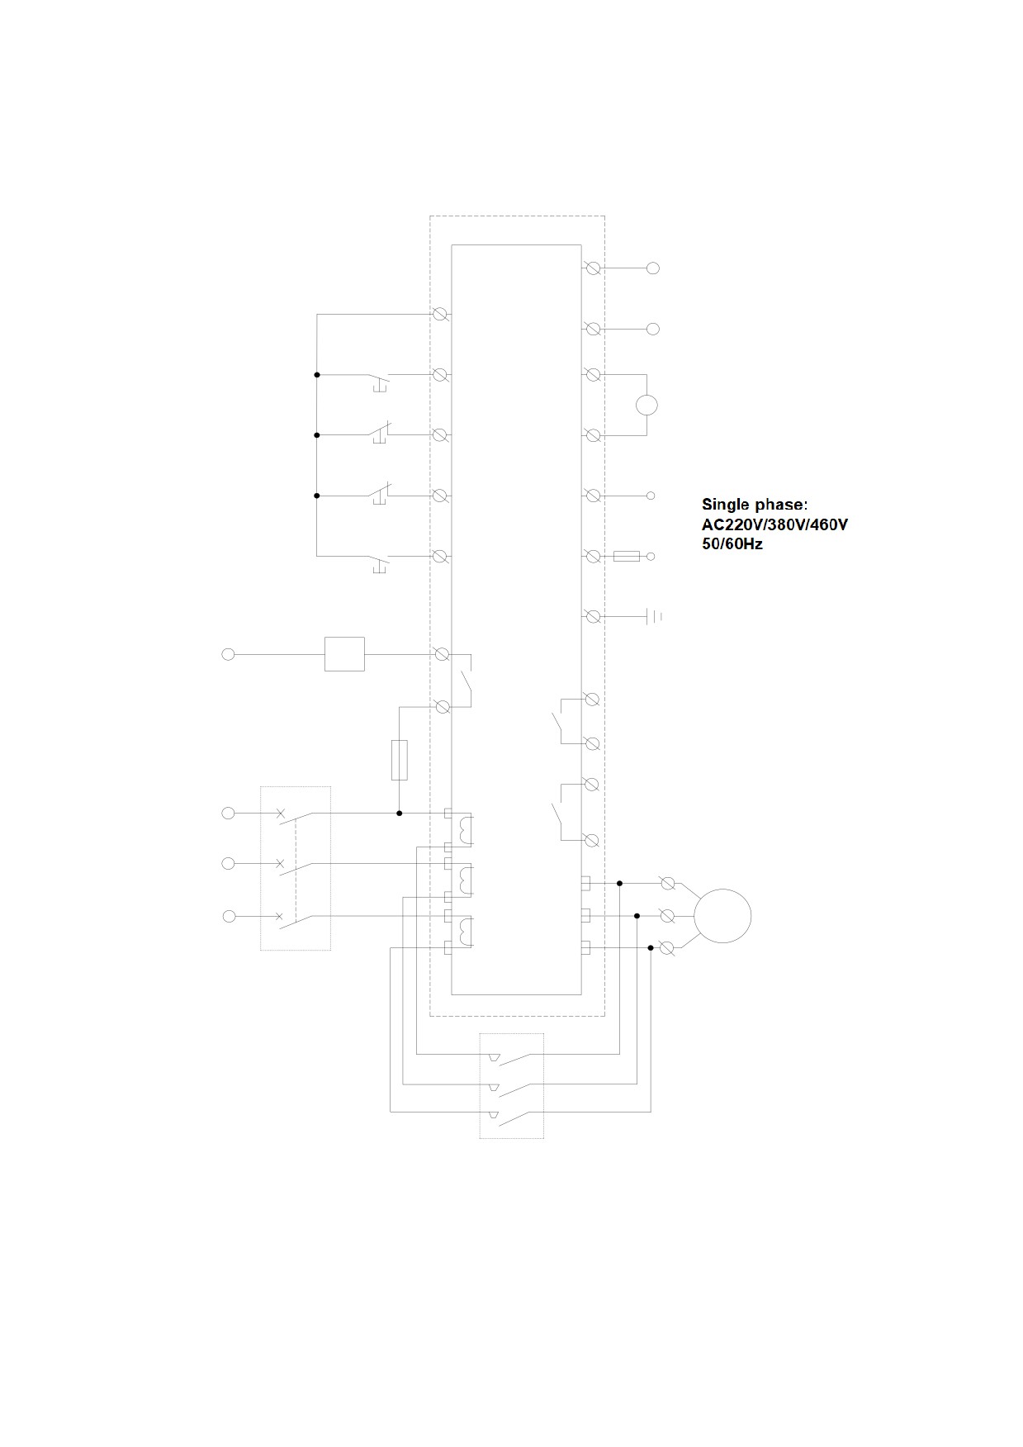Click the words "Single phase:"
coord(755,504)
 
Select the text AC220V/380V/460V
coord(774,524)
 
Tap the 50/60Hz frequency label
coord(732,544)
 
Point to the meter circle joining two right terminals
coord(646,405)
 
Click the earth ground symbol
coord(653,616)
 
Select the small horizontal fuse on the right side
coord(627,557)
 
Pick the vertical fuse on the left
coord(399,760)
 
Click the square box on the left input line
coord(344,654)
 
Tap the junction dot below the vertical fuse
coord(400,814)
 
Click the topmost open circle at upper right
coord(653,268)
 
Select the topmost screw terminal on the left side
coord(442,314)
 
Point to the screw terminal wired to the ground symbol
coord(592,616)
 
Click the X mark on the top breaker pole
coord(280,814)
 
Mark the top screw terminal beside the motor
coord(669,884)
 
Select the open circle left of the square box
coord(229,654)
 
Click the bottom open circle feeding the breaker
coord(230,916)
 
